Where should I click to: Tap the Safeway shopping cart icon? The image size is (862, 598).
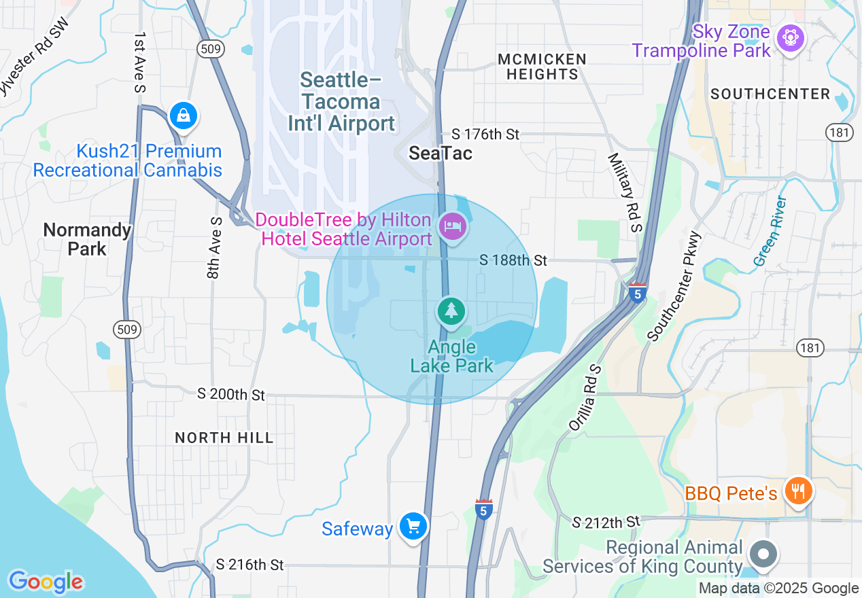pos(413,526)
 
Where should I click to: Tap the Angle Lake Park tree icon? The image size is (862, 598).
pos(450,311)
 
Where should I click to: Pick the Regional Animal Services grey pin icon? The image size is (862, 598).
pos(763,554)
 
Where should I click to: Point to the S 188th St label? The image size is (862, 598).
pos(513,260)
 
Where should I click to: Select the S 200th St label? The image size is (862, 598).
pos(231,394)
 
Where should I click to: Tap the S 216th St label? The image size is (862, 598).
pos(249,565)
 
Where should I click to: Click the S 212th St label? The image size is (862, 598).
pos(606,523)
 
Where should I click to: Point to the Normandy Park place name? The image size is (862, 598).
pos(87,239)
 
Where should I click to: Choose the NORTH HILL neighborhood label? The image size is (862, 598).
pos(224,438)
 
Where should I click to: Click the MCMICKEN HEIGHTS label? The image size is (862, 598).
pos(542,67)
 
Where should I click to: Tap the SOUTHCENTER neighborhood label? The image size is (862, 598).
pos(770,94)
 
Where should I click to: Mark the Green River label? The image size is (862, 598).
pos(770,231)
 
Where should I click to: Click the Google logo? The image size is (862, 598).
pos(46,582)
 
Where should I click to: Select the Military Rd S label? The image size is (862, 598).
pos(625,192)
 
